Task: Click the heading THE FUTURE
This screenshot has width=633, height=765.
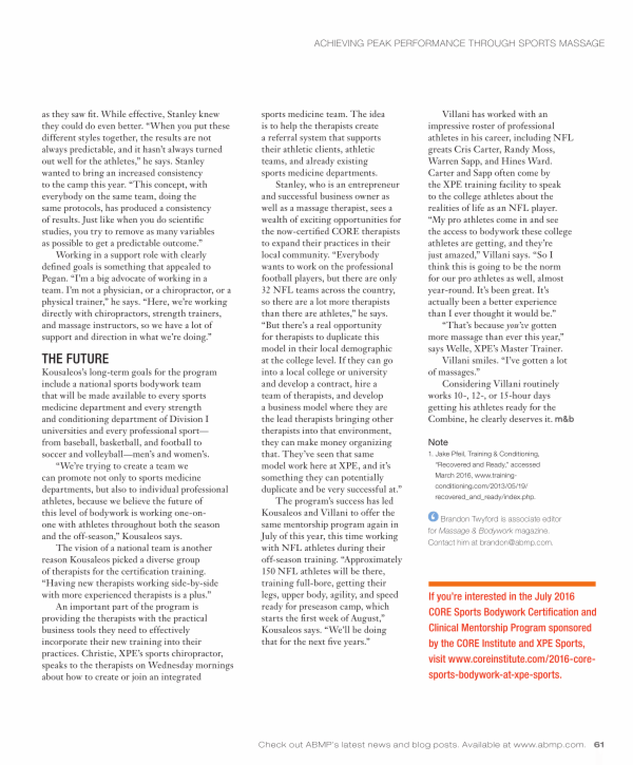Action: (75, 359)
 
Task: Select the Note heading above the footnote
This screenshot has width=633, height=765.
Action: (438, 442)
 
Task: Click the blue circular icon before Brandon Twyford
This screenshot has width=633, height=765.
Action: (433, 518)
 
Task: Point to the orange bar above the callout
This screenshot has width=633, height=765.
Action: (512, 584)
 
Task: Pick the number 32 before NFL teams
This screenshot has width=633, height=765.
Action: (267, 290)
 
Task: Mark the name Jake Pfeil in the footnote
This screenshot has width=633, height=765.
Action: (447, 454)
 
